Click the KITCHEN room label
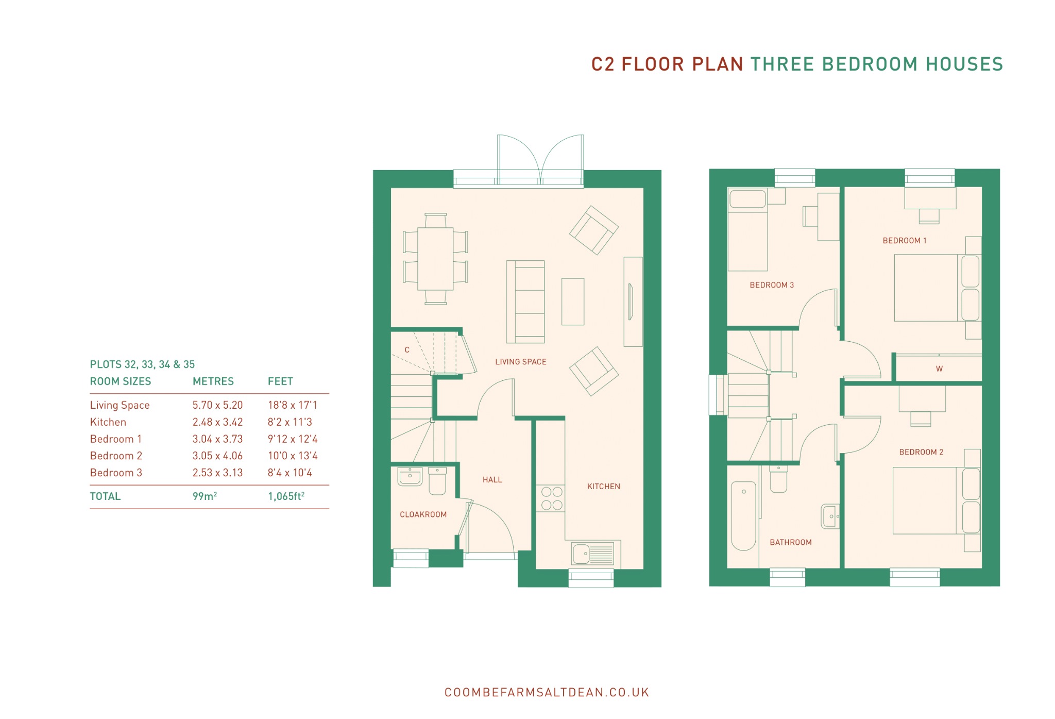(603, 487)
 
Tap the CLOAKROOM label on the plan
(423, 514)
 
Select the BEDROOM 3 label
(772, 285)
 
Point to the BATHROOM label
(790, 542)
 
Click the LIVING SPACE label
(521, 362)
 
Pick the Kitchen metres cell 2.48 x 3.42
(217, 422)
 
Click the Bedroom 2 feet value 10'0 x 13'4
(293, 456)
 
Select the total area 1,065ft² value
(286, 496)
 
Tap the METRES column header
(213, 381)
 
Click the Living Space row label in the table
(120, 405)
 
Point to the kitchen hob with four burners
(551, 498)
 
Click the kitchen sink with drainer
(593, 554)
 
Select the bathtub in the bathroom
(743, 516)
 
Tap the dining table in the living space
(435, 259)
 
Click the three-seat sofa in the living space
(525, 302)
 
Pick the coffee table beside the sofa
(573, 302)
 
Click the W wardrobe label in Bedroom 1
(939, 369)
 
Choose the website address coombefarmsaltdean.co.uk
(547, 692)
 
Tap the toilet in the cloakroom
(437, 481)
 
